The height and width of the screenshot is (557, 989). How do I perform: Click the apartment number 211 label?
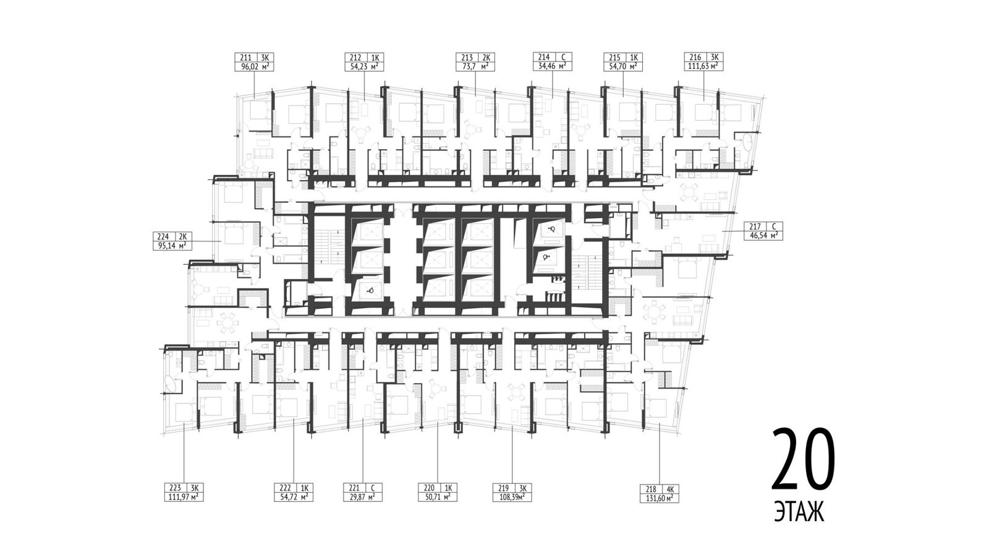click(x=245, y=58)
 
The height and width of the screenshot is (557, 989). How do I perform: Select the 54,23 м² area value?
click(x=364, y=67)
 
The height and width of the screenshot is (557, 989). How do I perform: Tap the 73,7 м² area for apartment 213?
click(x=475, y=67)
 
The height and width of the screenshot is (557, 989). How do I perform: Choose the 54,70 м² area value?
click(x=623, y=67)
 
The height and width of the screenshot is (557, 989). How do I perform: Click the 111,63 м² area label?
click(x=704, y=67)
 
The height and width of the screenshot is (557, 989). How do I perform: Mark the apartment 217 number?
click(x=755, y=227)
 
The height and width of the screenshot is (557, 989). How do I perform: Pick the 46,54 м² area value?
click(x=763, y=236)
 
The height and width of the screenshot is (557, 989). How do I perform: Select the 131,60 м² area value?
click(x=659, y=499)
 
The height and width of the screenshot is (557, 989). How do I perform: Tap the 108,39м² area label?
click(x=512, y=498)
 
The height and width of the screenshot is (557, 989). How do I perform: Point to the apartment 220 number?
click(x=429, y=488)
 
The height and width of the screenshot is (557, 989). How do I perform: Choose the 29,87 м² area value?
click(x=362, y=498)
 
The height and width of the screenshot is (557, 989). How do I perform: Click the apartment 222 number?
click(x=285, y=488)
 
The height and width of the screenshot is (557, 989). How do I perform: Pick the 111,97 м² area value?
click(x=184, y=498)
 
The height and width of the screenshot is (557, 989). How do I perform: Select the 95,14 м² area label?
click(x=172, y=246)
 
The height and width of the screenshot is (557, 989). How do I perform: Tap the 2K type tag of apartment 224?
click(x=183, y=236)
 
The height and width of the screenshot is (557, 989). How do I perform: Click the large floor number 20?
click(x=803, y=460)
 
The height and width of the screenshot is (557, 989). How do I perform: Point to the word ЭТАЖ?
click(x=800, y=514)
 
